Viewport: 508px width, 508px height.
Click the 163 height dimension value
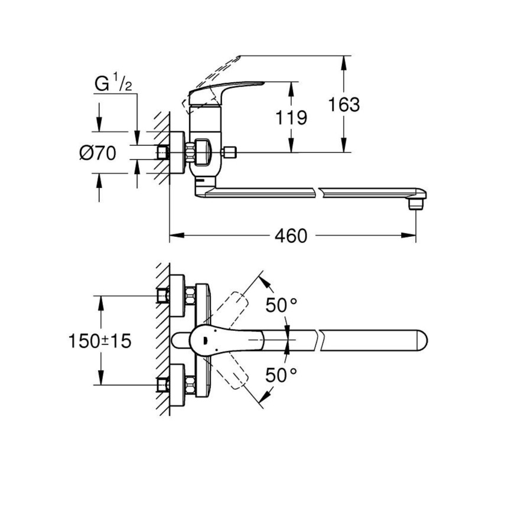tap(345, 105)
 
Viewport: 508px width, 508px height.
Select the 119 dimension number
tap(292, 117)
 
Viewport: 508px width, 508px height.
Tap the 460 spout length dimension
tap(291, 236)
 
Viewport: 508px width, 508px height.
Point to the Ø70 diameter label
tap(97, 153)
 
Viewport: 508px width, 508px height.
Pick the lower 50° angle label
tap(281, 375)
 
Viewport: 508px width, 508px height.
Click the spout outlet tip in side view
tap(416, 203)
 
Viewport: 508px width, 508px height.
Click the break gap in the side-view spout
tap(315, 191)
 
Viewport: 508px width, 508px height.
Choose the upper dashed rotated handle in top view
tap(233, 307)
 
